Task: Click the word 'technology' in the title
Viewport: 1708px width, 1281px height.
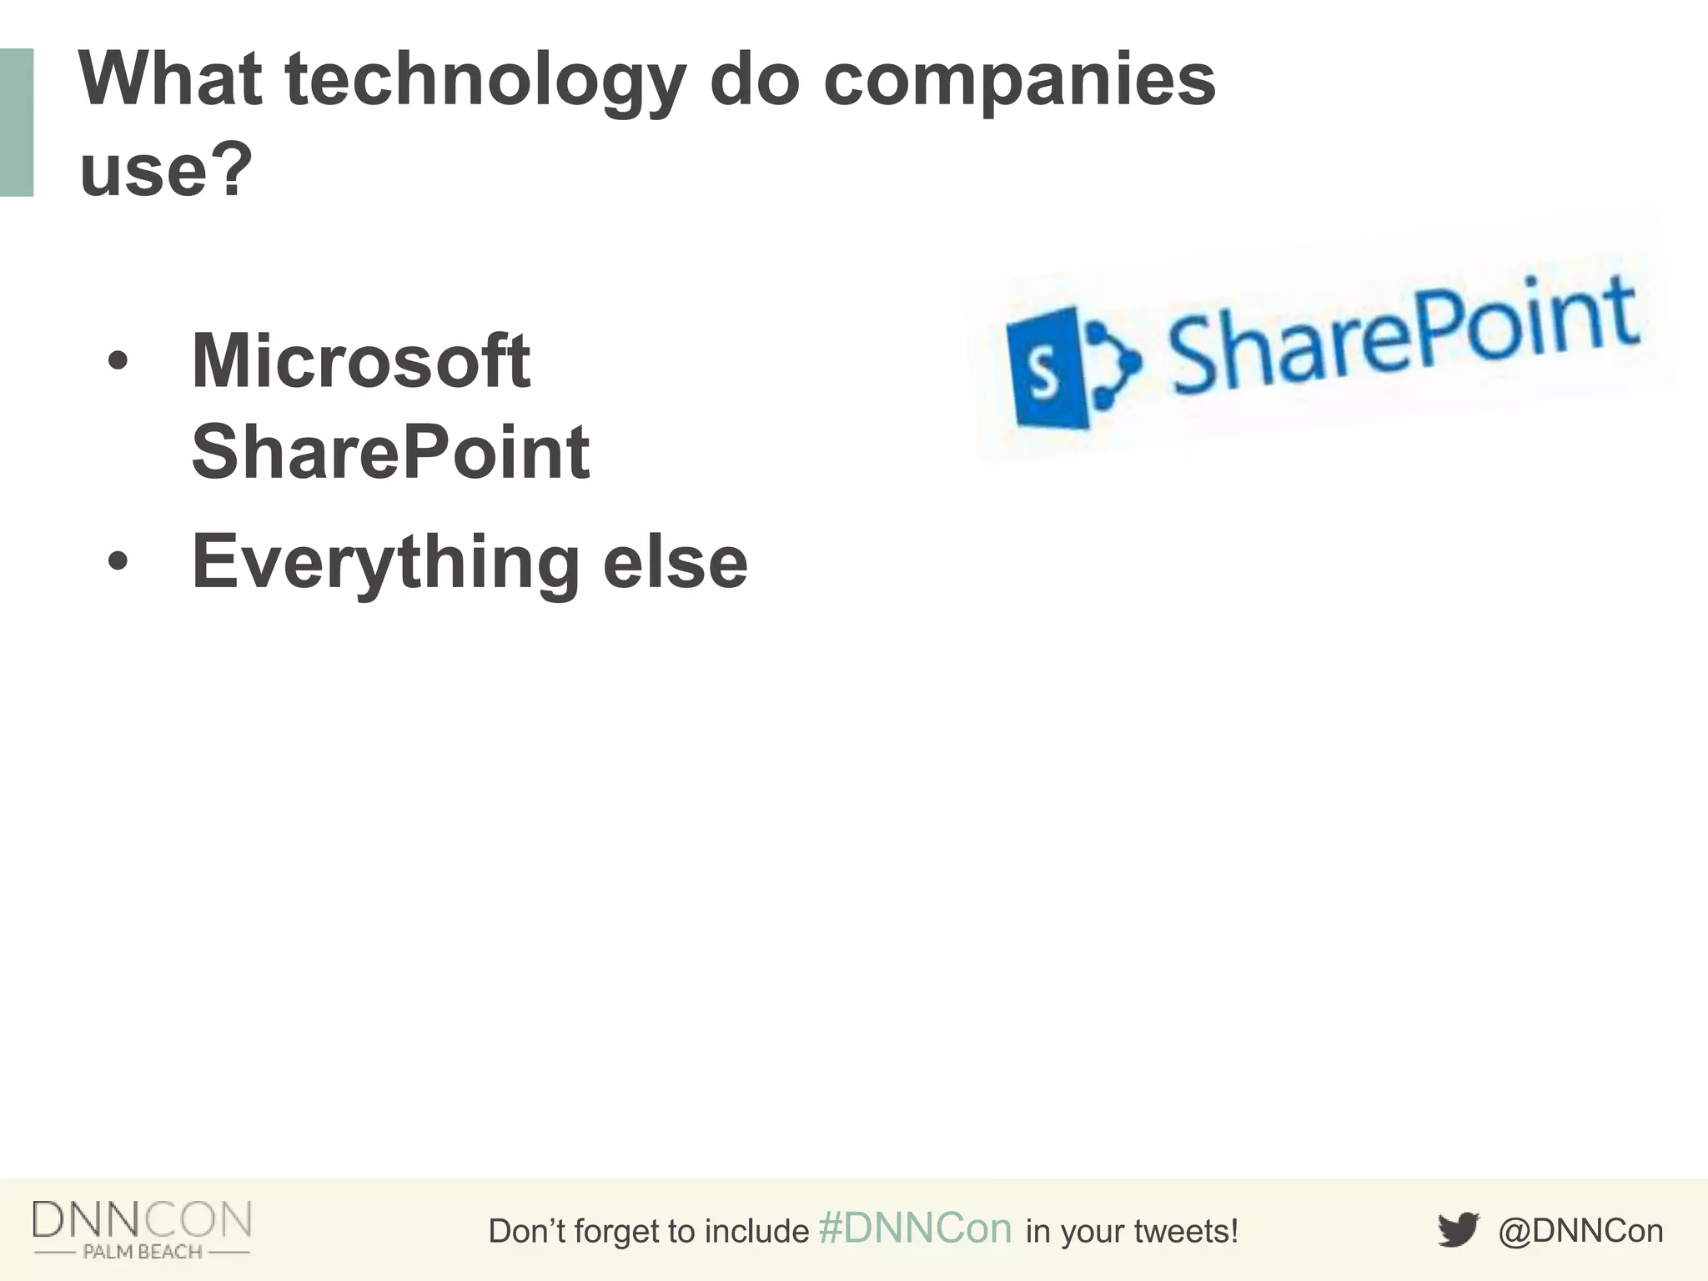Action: pyautogui.click(x=485, y=81)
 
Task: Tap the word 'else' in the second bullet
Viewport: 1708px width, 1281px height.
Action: pyautogui.click(x=675, y=562)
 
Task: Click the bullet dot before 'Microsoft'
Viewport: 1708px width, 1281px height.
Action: pyautogui.click(x=118, y=362)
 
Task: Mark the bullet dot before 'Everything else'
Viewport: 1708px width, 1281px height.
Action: pyautogui.click(x=118, y=562)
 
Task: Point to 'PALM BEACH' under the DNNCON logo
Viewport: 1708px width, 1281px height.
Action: pyautogui.click(x=142, y=1252)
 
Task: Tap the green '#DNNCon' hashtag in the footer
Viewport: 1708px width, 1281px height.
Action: pyautogui.click(x=915, y=1228)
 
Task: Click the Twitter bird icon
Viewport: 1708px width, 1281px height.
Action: pyautogui.click(x=1458, y=1230)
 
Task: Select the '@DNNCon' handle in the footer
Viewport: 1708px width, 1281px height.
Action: pyautogui.click(x=1580, y=1231)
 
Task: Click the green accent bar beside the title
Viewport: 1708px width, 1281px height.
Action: pyautogui.click(x=17, y=123)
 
